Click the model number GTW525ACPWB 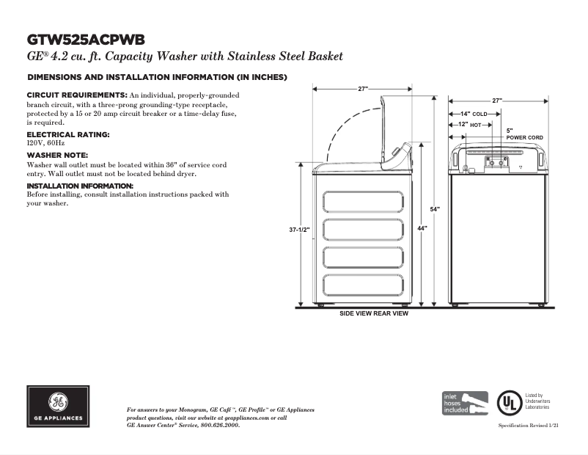coord(86,39)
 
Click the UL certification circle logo coord(507,403)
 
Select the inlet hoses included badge coord(465,402)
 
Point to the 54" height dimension coord(435,210)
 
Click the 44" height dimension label coord(422,229)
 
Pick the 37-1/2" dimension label coord(300,230)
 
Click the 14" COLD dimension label coord(473,114)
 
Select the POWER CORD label coord(524,138)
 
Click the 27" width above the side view coord(363,89)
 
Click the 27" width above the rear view coord(497,101)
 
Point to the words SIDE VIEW coord(356,313)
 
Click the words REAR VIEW coord(391,313)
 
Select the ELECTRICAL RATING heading coord(68,135)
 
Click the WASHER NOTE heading coord(57,156)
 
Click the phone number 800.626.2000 coord(218,425)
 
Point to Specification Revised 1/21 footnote coord(529,426)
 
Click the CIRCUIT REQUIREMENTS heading coord(78,95)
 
